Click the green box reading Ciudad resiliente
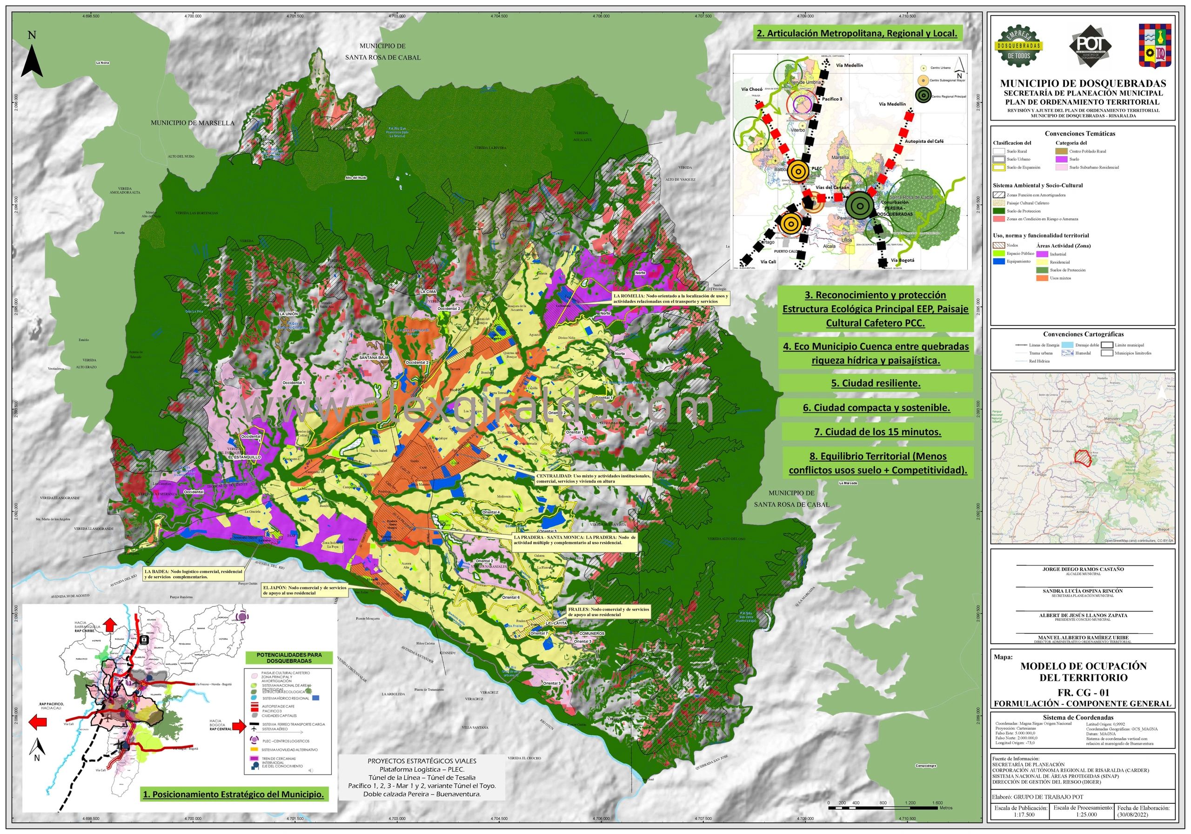point(876,383)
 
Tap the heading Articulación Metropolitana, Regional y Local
point(856,33)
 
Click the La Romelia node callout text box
point(671,298)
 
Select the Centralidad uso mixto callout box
point(594,478)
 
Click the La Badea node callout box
point(194,574)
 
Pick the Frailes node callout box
point(608,612)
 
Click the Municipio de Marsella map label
point(193,123)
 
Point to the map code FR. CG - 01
point(1082,693)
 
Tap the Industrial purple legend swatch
point(1042,254)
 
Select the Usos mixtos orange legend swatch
point(1042,278)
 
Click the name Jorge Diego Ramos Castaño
point(1083,569)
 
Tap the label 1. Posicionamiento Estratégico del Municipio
point(234,794)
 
